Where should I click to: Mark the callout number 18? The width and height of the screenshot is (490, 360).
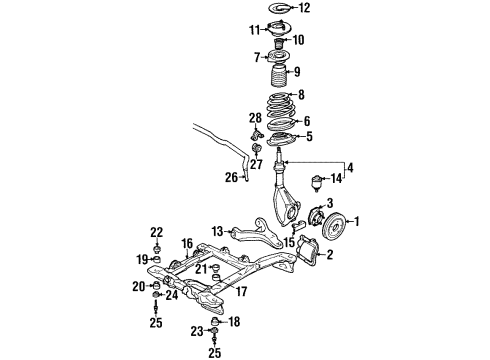pos(236,321)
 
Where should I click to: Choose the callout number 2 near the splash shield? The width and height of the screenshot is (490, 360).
pos(325,255)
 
